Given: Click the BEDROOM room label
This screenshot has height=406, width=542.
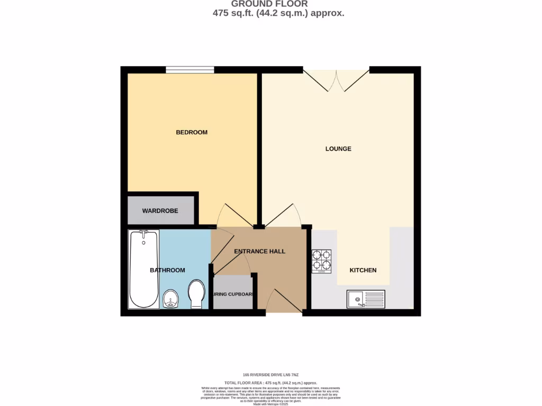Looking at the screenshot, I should coord(192,132).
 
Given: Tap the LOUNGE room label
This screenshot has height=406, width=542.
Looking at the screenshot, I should coord(338,149).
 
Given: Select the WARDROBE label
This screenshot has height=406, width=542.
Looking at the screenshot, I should coord(160,211).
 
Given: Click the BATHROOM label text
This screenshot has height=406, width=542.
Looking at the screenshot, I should coord(167,270).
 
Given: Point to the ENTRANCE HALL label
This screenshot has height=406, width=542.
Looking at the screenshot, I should coord(259,251).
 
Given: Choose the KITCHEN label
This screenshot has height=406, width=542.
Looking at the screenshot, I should coord(363,270).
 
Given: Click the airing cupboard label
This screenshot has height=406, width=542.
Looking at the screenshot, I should coord(233,294).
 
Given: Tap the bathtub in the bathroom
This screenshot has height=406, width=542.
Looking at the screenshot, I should coord(143,270).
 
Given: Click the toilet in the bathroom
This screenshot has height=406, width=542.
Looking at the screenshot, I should coord(196,294).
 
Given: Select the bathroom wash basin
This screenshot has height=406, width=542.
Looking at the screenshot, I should coord(170,299).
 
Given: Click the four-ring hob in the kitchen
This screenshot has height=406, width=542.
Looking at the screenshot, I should coord(321,261).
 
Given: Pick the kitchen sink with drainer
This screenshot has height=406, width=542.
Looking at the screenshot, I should coord(366,299).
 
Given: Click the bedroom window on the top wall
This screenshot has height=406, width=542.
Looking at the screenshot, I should coord(189,70).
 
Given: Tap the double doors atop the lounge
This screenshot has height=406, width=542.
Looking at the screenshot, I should coord(336,79).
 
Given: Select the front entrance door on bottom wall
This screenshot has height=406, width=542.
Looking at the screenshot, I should coord(284,302).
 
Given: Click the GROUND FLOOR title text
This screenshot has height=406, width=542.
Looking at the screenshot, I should coord(269,4).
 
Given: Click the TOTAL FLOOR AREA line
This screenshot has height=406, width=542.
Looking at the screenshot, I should coord(270,382).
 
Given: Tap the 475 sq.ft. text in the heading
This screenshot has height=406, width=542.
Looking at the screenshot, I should coord(233,13).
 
